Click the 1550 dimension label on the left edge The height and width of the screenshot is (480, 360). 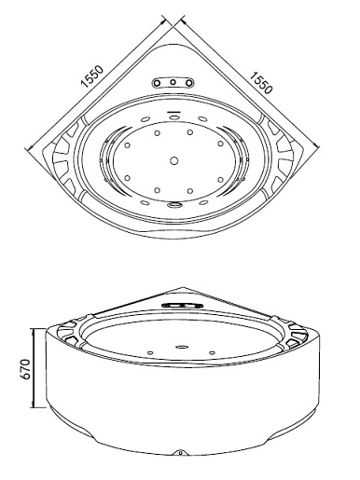pos(92,76)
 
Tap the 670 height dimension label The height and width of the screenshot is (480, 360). pos(25,369)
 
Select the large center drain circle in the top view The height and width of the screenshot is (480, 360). pos(174,161)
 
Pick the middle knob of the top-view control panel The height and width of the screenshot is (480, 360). pos(173,83)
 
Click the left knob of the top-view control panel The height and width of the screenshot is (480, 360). pos(157,83)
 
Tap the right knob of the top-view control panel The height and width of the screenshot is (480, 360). pos(189,83)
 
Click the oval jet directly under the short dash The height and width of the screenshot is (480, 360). pos(174,117)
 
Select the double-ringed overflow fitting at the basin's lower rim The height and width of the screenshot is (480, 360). pos(174,204)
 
